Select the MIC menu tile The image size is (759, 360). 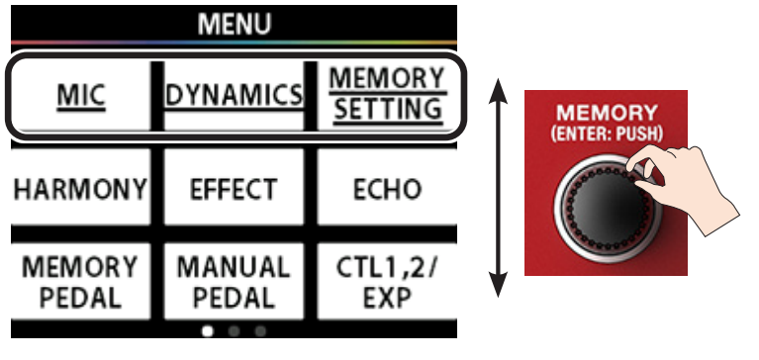click(80, 94)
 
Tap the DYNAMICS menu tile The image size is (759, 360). click(234, 94)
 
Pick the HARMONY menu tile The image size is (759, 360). click(80, 189)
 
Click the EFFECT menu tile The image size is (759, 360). click(234, 189)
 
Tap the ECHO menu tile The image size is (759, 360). click(387, 189)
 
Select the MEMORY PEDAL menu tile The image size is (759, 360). click(80, 281)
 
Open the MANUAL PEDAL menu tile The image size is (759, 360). click(234, 281)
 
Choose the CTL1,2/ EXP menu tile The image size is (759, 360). click(387, 281)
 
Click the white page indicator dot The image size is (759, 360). click(208, 331)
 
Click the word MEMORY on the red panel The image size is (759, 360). click(607, 112)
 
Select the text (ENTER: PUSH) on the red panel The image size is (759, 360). click(607, 130)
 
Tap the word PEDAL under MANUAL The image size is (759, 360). click(234, 297)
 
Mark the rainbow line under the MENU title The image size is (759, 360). click(235, 43)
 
